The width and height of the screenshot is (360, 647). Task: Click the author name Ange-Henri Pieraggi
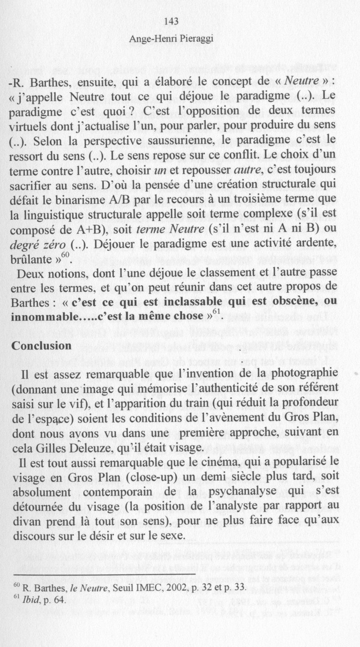tap(172, 39)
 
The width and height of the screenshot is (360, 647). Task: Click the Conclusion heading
tap(42, 345)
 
